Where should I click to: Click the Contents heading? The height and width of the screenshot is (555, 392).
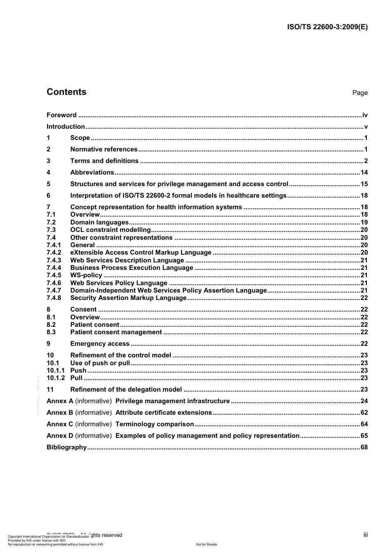coord(66,92)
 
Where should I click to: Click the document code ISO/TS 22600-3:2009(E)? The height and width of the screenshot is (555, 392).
coord(327,27)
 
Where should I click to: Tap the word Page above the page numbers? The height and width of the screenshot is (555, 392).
coord(359,93)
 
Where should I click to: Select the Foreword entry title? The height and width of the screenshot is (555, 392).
coord(61,115)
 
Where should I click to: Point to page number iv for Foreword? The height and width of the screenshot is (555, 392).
coord(364,115)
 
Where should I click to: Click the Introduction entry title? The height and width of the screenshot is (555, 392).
coord(66,127)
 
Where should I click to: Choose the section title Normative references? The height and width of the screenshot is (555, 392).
coord(104,149)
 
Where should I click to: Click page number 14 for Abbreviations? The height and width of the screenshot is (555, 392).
coord(364,172)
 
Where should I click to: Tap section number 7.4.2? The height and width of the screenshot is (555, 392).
coord(54,253)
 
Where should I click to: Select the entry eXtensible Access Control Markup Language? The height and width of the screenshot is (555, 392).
coord(141,253)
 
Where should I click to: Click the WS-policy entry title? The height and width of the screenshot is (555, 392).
coord(86,275)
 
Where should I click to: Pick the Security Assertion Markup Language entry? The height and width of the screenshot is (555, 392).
coord(128,298)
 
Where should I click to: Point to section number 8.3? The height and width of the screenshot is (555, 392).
coord(51,332)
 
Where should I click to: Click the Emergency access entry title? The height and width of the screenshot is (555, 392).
coord(100,344)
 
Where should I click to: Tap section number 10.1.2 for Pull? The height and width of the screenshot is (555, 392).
coord(56,378)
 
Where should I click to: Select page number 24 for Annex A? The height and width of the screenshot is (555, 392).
coord(364,401)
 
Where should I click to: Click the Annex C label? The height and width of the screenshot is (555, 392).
coord(60,424)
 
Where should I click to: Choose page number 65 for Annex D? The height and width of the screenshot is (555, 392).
coord(364,436)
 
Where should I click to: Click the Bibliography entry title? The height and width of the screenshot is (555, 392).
coord(66,447)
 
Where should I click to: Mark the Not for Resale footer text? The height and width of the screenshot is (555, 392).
coord(206,544)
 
